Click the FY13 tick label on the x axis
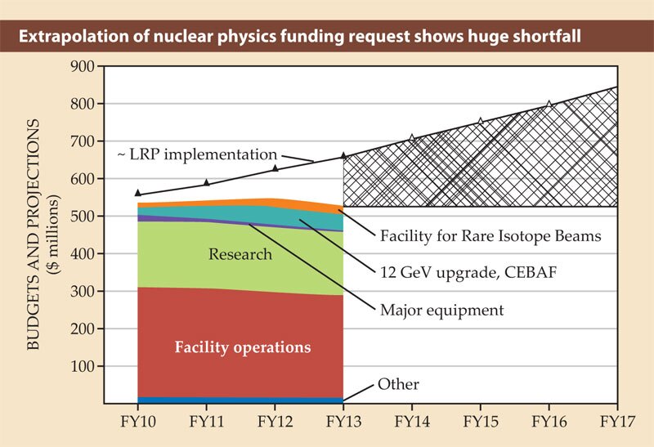[x=343, y=424]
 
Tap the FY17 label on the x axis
[x=616, y=424]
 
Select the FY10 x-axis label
[x=137, y=424]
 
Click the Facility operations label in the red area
[x=243, y=347]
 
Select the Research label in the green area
[x=240, y=254]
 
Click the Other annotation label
[x=398, y=384]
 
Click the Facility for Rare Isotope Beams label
[x=490, y=237]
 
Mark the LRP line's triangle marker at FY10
[x=137, y=193]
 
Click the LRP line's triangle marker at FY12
[x=275, y=168]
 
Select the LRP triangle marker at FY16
[x=549, y=104]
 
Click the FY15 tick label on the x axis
[x=480, y=424]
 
